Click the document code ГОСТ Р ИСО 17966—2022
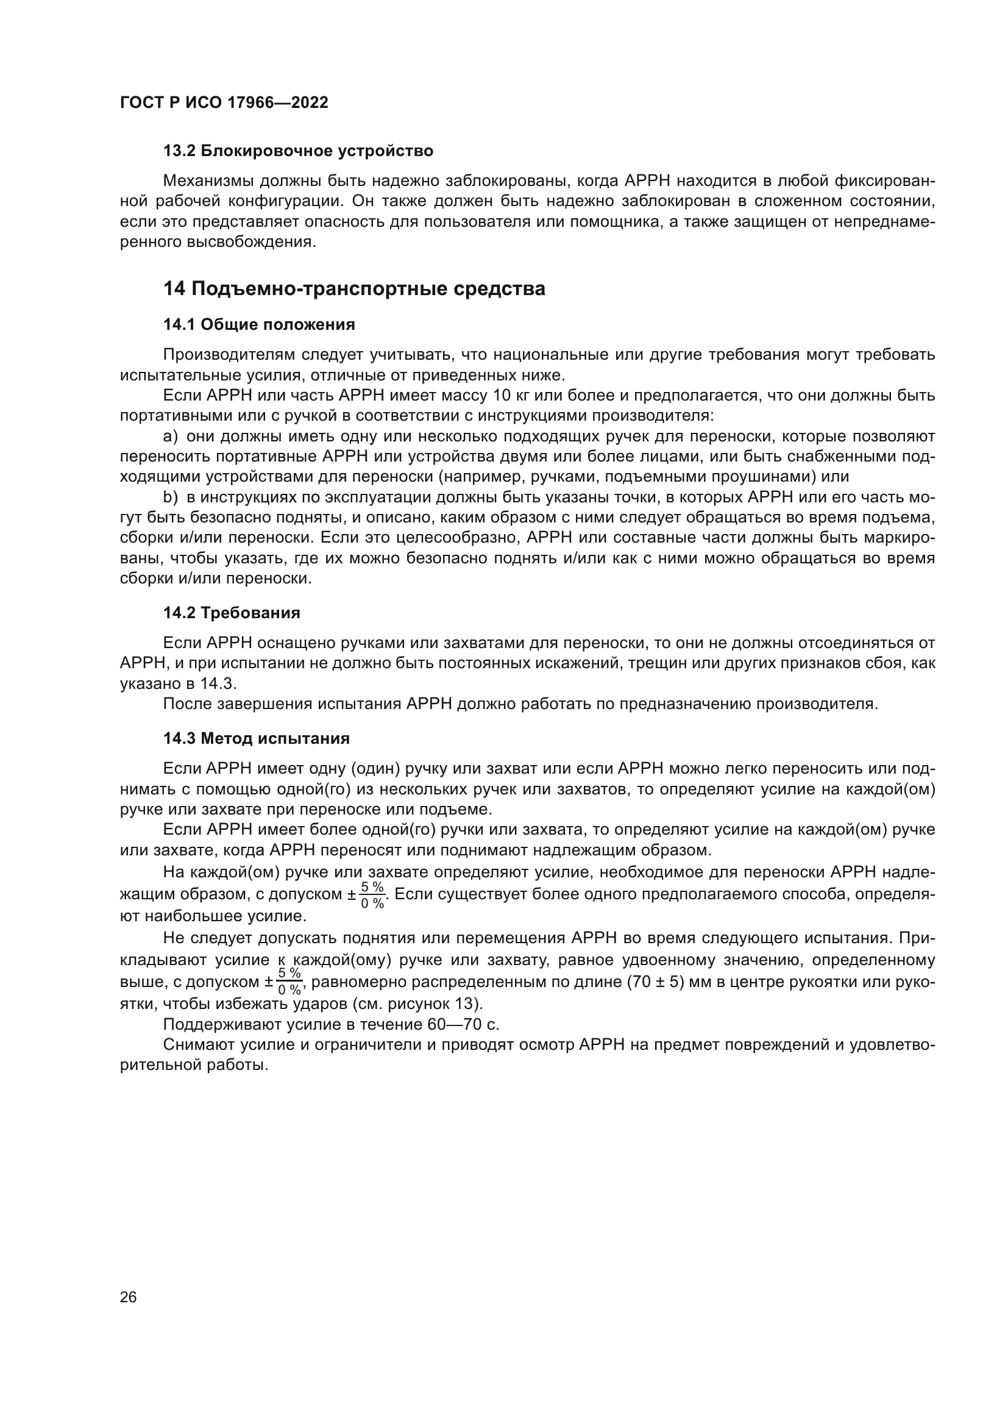(x=224, y=103)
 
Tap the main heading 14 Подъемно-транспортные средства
(x=354, y=289)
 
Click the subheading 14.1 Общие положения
(x=259, y=325)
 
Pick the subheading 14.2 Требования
(x=232, y=613)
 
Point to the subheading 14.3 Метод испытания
(x=257, y=738)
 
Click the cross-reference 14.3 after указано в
(x=219, y=684)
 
